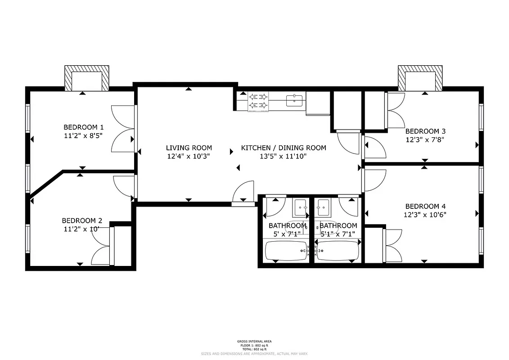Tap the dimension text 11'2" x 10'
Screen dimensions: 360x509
[x=81, y=229]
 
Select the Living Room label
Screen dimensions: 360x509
[x=189, y=148]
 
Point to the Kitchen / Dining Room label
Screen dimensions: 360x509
[x=284, y=148]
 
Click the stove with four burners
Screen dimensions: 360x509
[x=258, y=101]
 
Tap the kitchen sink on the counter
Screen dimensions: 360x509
[x=295, y=100]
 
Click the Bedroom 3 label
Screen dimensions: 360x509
[x=425, y=131]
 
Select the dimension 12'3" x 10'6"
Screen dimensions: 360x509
[x=425, y=215]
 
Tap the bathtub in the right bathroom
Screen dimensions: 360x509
[x=338, y=251]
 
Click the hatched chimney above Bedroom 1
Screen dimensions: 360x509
[x=87, y=77]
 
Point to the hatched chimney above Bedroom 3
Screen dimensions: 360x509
[x=420, y=77]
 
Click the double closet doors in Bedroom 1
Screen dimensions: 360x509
[x=122, y=128]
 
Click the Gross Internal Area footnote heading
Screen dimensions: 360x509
[x=254, y=341]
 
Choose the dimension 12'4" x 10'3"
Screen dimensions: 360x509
[x=189, y=156]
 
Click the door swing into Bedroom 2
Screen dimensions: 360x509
[x=124, y=185]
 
